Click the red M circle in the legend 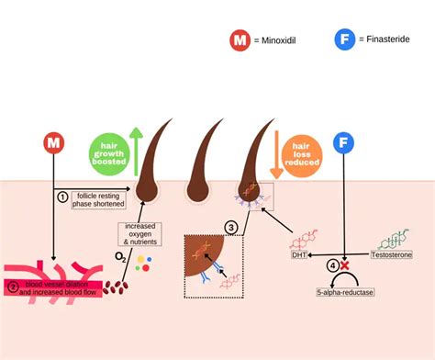tap(240, 41)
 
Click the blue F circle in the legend tap(345, 41)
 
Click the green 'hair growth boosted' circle tap(108, 154)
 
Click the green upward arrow tap(136, 152)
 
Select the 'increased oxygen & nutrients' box tap(139, 233)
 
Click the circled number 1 tap(62, 196)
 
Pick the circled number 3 tap(232, 227)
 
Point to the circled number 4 tap(333, 265)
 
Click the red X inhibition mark tap(346, 265)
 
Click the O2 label tap(119, 256)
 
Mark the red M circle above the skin tap(54, 144)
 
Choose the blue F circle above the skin tap(345, 144)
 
